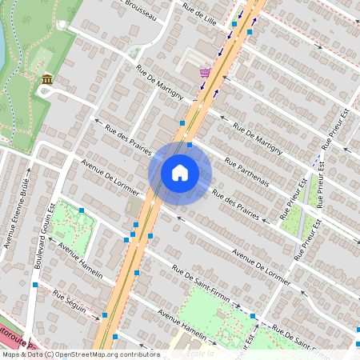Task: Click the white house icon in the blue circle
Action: (x=180, y=173)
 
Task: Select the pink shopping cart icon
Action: (x=205, y=72)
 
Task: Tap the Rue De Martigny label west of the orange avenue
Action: (x=160, y=82)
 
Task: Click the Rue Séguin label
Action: (x=69, y=302)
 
